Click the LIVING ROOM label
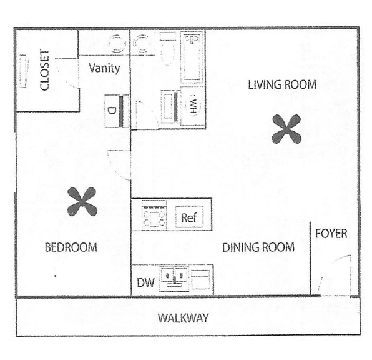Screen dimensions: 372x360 pos(282,84)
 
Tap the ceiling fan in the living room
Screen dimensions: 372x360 pos(286,129)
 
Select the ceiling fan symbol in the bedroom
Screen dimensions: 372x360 pos(82,201)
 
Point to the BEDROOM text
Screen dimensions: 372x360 pos(71,247)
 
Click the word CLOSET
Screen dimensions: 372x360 pos(44,70)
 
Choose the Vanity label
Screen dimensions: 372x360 pos(104,68)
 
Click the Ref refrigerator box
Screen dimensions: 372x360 pos(189,217)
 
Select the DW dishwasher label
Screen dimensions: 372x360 pos(145,282)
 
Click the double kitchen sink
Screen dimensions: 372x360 pos(174,278)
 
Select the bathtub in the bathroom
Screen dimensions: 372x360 pos(192,56)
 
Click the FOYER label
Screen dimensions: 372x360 pos(331,234)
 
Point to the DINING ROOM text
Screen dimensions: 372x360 pos(258,247)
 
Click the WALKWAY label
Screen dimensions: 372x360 pos(183,318)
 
